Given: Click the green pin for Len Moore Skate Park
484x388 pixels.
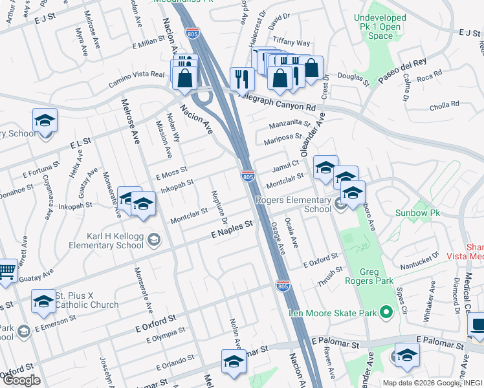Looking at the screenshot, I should (387, 314).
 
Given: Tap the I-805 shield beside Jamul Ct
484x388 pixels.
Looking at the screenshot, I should (248, 176).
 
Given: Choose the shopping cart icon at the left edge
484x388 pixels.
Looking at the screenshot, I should (5, 271).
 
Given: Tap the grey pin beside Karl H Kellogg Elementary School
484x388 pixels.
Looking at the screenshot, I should (153, 241).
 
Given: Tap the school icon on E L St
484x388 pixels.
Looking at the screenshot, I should (45, 120).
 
